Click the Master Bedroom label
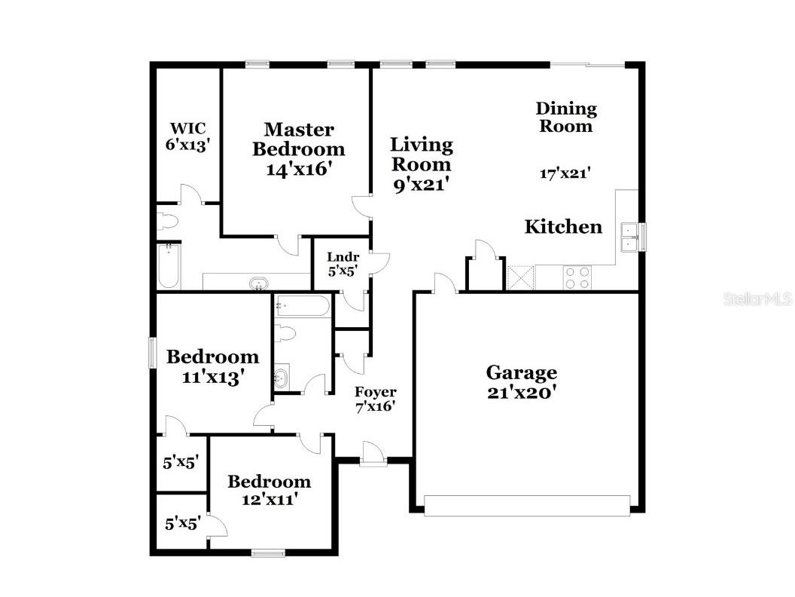(x=299, y=149)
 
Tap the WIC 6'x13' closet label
(x=187, y=136)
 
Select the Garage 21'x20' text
(x=522, y=381)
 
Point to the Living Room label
(x=421, y=164)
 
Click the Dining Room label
(x=565, y=118)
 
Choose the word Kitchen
(x=563, y=227)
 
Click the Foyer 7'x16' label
(x=375, y=400)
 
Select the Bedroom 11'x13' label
(x=212, y=366)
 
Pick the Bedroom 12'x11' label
(x=269, y=490)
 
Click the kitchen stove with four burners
(x=577, y=278)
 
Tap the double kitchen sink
(x=629, y=237)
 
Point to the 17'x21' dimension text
(x=565, y=173)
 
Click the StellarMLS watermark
(x=757, y=299)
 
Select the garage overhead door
(x=527, y=506)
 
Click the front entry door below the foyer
(x=372, y=455)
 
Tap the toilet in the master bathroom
(x=166, y=222)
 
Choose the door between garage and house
(x=445, y=285)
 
